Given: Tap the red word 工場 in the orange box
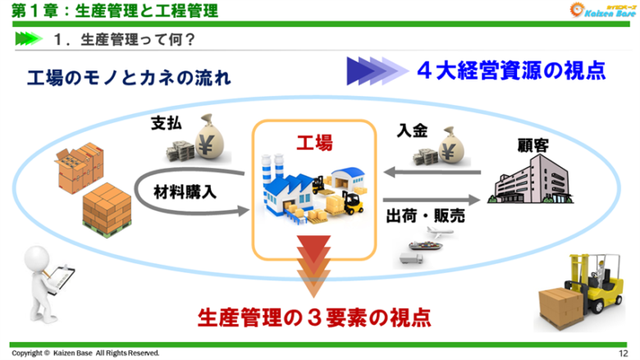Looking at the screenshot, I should (x=314, y=144).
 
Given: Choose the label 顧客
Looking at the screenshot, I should (x=533, y=144).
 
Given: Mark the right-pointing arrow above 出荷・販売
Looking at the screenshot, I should (x=432, y=198).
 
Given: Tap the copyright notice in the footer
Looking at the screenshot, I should (x=85, y=353).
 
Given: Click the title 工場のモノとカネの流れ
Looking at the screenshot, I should (x=127, y=79).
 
